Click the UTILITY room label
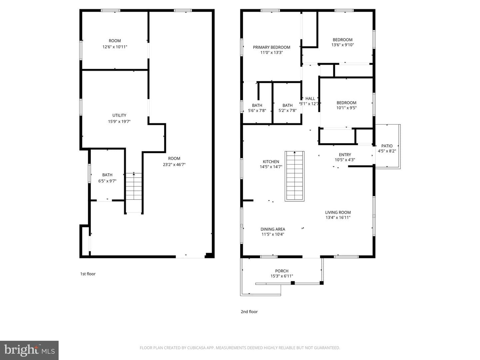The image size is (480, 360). [119, 115]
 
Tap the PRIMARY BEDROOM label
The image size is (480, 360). [271, 47]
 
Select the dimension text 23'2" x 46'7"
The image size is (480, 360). [174, 164]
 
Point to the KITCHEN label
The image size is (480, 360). [271, 162]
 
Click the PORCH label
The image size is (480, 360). [282, 271]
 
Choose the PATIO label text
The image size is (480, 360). [387, 146]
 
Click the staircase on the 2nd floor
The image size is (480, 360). [294, 176]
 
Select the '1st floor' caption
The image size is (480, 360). [88, 274]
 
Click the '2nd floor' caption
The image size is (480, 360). [249, 312]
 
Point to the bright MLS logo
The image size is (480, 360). [29, 350]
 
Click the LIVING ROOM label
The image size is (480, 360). [338, 212]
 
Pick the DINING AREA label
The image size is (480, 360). [273, 229]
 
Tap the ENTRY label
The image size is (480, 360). [345, 155]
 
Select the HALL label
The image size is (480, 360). [310, 99]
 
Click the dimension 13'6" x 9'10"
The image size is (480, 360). [342, 45]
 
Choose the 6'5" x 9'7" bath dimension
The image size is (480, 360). [107, 181]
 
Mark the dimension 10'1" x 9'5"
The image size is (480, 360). [346, 108]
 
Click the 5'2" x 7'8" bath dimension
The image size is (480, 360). [287, 110]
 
